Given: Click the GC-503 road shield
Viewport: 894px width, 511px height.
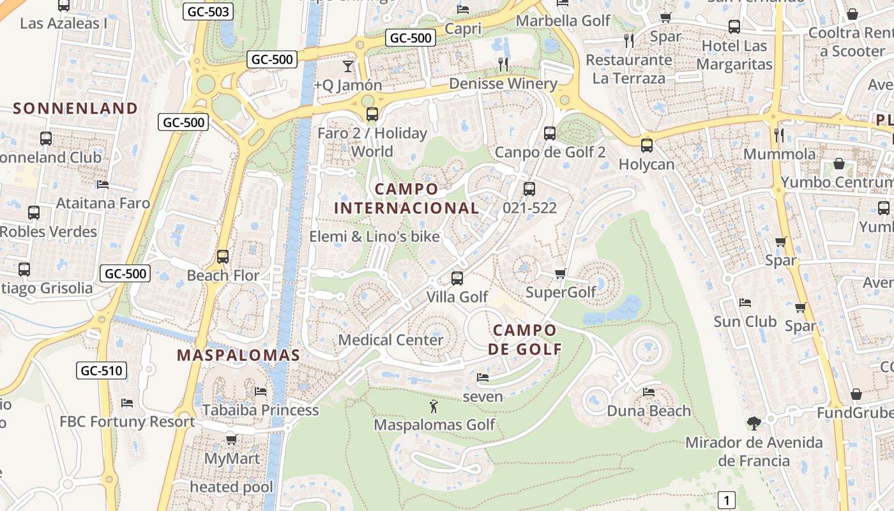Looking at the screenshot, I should coord(208,11).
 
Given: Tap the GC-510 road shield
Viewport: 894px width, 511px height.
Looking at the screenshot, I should coord(102,370).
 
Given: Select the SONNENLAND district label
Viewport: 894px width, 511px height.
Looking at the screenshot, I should coord(75,109).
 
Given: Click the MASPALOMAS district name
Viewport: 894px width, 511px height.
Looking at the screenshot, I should coord(238,356).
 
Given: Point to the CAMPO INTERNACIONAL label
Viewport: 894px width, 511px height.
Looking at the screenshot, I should coord(407,199).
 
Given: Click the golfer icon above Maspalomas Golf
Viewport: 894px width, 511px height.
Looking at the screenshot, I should coord(434,406).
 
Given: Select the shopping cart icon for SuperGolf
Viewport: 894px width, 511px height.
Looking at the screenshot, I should coord(560,274).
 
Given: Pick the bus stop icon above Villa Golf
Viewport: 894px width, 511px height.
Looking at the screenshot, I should coord(457,278).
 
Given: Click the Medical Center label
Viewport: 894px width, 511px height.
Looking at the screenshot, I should coord(391,340).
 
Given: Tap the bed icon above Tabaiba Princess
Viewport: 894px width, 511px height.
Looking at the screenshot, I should coord(261,391).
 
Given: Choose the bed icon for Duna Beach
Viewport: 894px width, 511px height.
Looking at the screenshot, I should coord(649,392).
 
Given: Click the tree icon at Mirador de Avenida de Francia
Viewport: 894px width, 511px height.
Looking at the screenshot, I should coord(754,423).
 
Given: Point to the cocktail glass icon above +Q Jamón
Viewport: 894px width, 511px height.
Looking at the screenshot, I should coord(347,66).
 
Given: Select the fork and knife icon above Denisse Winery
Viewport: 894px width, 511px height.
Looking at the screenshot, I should coord(503,64).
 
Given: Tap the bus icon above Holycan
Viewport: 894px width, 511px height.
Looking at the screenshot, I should coord(647,146).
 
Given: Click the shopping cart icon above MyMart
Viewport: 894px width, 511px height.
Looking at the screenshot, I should coord(231,439).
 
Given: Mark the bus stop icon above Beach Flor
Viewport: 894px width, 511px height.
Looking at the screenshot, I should coord(223,257).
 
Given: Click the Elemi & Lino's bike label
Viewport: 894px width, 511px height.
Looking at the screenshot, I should coord(374,237).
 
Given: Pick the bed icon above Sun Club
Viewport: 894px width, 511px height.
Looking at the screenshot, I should coord(745,302).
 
